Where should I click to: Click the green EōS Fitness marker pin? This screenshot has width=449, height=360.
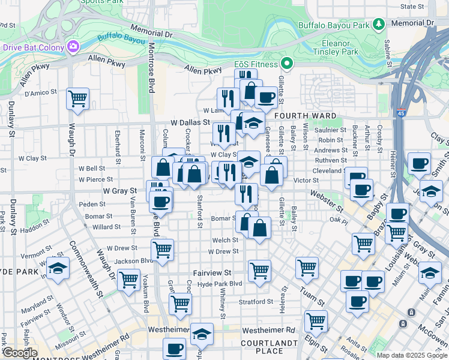[x=288, y=64]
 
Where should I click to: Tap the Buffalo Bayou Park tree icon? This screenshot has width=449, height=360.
[x=379, y=24]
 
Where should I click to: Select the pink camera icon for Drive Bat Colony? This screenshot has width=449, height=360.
[x=73, y=46]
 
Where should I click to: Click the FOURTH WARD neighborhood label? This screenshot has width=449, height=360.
[x=300, y=115]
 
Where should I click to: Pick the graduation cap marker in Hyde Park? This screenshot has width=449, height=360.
[x=58, y=269]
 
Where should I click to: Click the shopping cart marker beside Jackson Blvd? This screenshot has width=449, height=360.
[x=162, y=249]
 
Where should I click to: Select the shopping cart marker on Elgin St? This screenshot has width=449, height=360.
[x=316, y=321]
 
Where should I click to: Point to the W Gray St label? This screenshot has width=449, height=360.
[x=120, y=191]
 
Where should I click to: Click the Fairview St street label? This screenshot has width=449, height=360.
[x=212, y=272]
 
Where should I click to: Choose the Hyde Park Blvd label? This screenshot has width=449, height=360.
[x=219, y=284]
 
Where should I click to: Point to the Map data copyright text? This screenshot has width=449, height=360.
[x=411, y=355]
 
